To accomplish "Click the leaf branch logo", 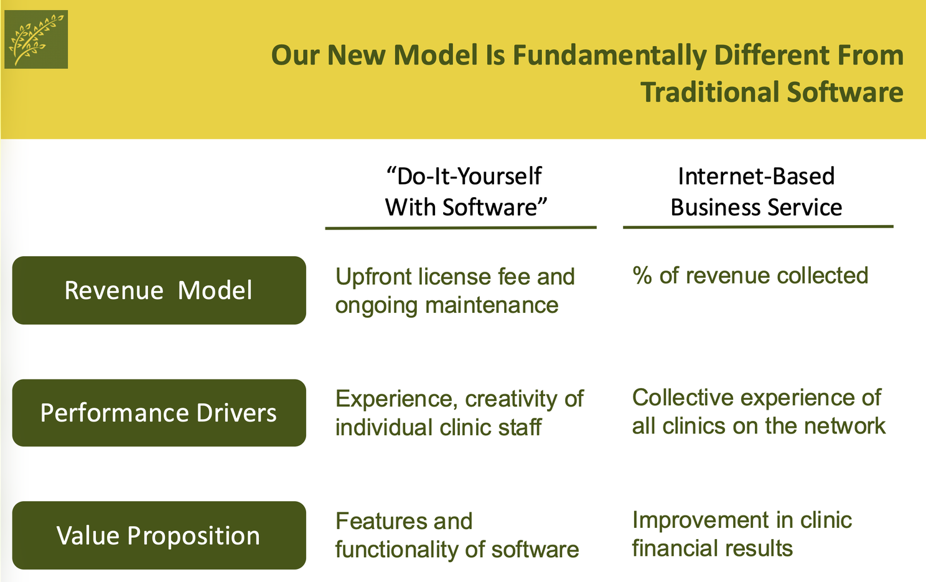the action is click(36, 39).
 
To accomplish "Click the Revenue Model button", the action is click(159, 290).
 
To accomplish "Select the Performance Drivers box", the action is click(159, 413).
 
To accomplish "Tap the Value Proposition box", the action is click(159, 535).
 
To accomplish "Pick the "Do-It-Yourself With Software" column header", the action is click(465, 192).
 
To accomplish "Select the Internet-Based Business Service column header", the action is click(756, 192).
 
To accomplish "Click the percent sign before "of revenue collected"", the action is click(642, 275).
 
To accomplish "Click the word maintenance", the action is click(492, 305).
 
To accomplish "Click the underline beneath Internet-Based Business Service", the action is click(758, 227).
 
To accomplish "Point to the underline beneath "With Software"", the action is click(461, 228).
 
